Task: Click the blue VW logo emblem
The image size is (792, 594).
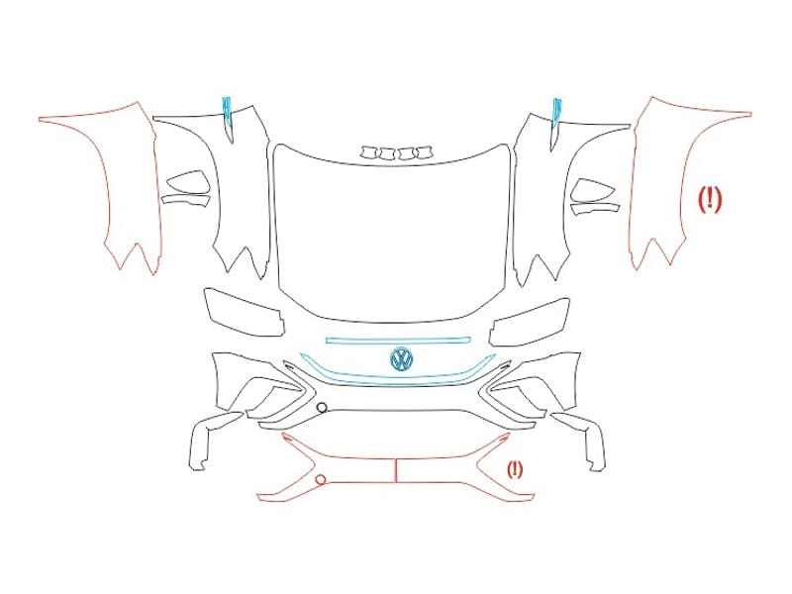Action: click(x=402, y=359)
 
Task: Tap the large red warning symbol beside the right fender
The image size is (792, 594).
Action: click(x=710, y=199)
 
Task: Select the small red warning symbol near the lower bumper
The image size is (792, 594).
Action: click(x=515, y=469)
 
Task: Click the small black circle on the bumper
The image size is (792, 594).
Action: click(x=322, y=408)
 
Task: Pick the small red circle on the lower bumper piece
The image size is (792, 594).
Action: click(x=320, y=479)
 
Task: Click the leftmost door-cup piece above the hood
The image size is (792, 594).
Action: click(x=368, y=151)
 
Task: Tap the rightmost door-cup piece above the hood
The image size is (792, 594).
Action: click(x=424, y=151)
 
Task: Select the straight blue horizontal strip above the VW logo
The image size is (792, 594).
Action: click(x=398, y=340)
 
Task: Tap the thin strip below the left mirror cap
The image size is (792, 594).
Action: click(x=186, y=200)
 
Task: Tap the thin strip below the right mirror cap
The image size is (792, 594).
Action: click(x=595, y=208)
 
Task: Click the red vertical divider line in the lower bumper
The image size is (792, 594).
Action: click(x=395, y=471)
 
